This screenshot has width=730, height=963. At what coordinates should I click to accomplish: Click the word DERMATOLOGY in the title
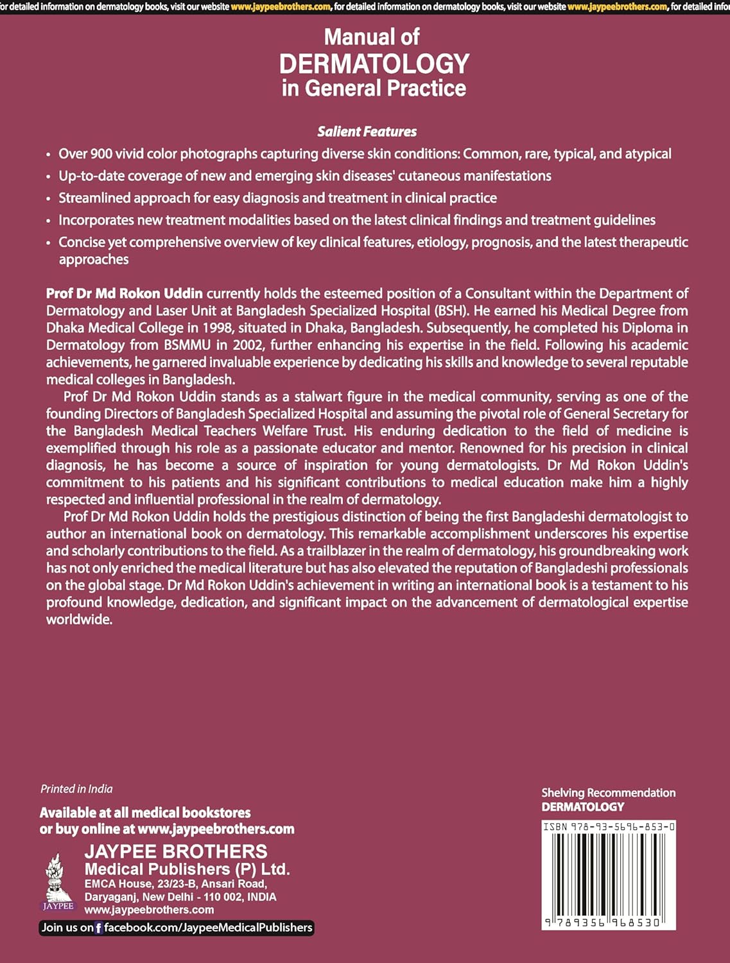tap(374, 64)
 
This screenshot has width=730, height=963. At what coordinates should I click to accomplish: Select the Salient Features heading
tap(367, 132)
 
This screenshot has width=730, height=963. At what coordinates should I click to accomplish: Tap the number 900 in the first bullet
tap(100, 154)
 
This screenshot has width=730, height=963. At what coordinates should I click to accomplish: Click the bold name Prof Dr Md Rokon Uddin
tap(124, 293)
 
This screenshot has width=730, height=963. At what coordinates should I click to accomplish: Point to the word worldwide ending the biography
tap(79, 620)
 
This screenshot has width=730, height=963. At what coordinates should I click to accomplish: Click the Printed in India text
tap(76, 789)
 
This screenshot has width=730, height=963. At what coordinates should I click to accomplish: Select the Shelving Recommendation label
tap(608, 793)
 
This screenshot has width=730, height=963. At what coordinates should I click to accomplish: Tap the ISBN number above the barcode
tap(608, 827)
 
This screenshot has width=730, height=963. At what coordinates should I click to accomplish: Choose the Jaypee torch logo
tap(58, 880)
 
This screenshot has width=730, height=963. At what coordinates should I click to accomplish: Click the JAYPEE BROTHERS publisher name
tap(176, 852)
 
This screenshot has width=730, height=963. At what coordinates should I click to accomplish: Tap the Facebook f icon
tap(99, 928)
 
